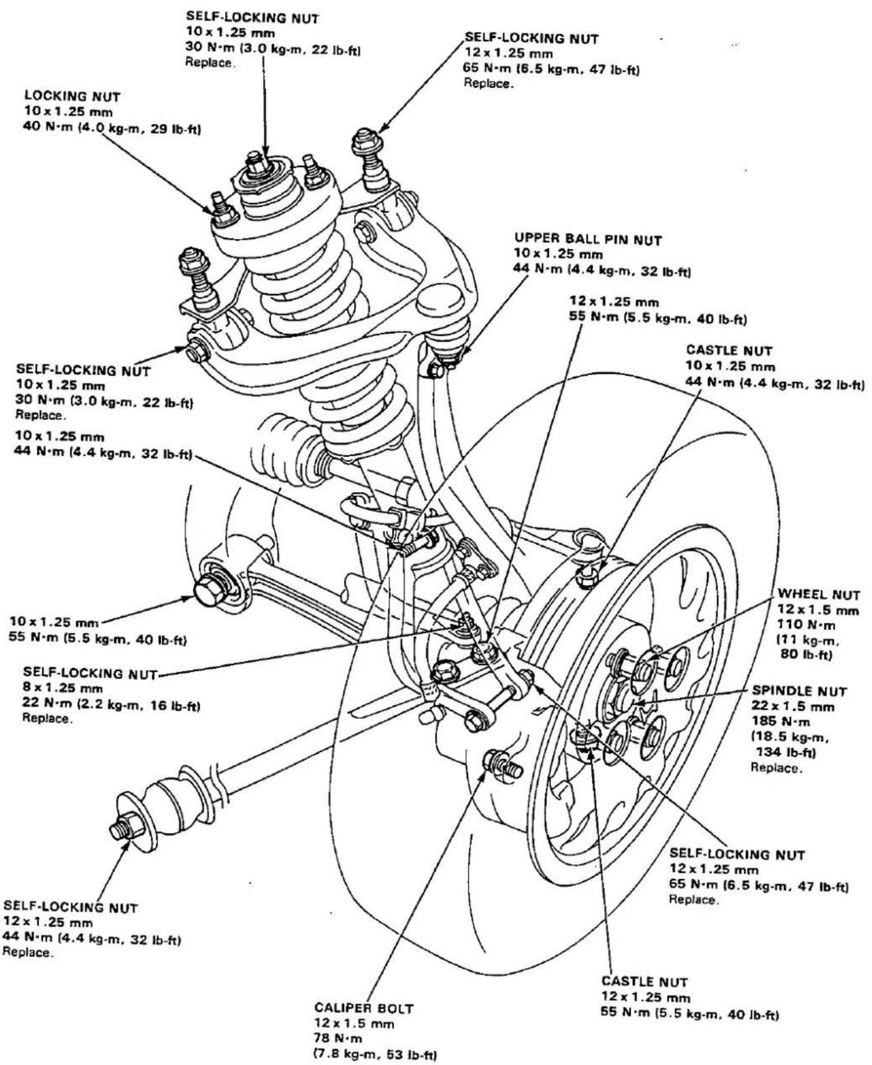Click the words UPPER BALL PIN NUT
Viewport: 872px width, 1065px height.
588,239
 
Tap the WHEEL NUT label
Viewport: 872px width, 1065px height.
819,594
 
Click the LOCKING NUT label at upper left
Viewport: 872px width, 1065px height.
73,96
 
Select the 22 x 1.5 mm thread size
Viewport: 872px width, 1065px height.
793,706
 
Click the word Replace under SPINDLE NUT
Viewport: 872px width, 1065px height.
777,768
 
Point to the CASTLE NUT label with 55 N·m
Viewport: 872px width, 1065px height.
644,982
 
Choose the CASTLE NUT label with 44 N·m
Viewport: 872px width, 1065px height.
729,350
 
